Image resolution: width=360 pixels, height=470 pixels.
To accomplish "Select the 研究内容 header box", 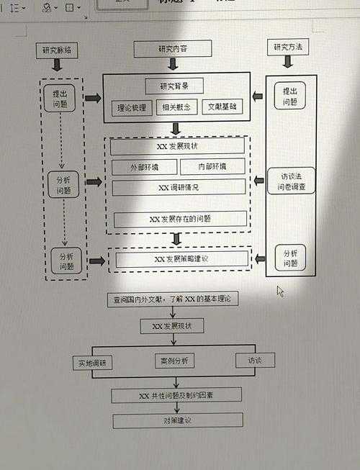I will tap(174, 49).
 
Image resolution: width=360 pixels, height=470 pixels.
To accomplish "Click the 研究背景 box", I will tap(174, 86).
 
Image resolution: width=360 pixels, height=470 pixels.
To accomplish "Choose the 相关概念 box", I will tap(176, 108).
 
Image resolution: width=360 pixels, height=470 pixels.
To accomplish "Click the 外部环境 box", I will tap(143, 167).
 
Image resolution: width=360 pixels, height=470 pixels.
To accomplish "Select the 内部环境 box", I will tap(212, 167).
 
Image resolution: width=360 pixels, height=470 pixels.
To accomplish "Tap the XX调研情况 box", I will tap(178, 187).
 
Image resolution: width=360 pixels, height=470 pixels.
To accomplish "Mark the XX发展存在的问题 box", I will tap(180, 219).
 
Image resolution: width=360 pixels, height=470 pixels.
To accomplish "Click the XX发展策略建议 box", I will tap(181, 258).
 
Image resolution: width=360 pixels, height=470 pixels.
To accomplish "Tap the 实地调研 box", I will tap(92, 363).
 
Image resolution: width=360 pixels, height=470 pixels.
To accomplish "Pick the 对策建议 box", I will tap(177, 420).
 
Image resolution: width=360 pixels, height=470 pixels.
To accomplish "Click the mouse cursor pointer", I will tap(280, 291).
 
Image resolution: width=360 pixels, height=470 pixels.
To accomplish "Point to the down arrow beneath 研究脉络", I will tap(57, 65).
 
